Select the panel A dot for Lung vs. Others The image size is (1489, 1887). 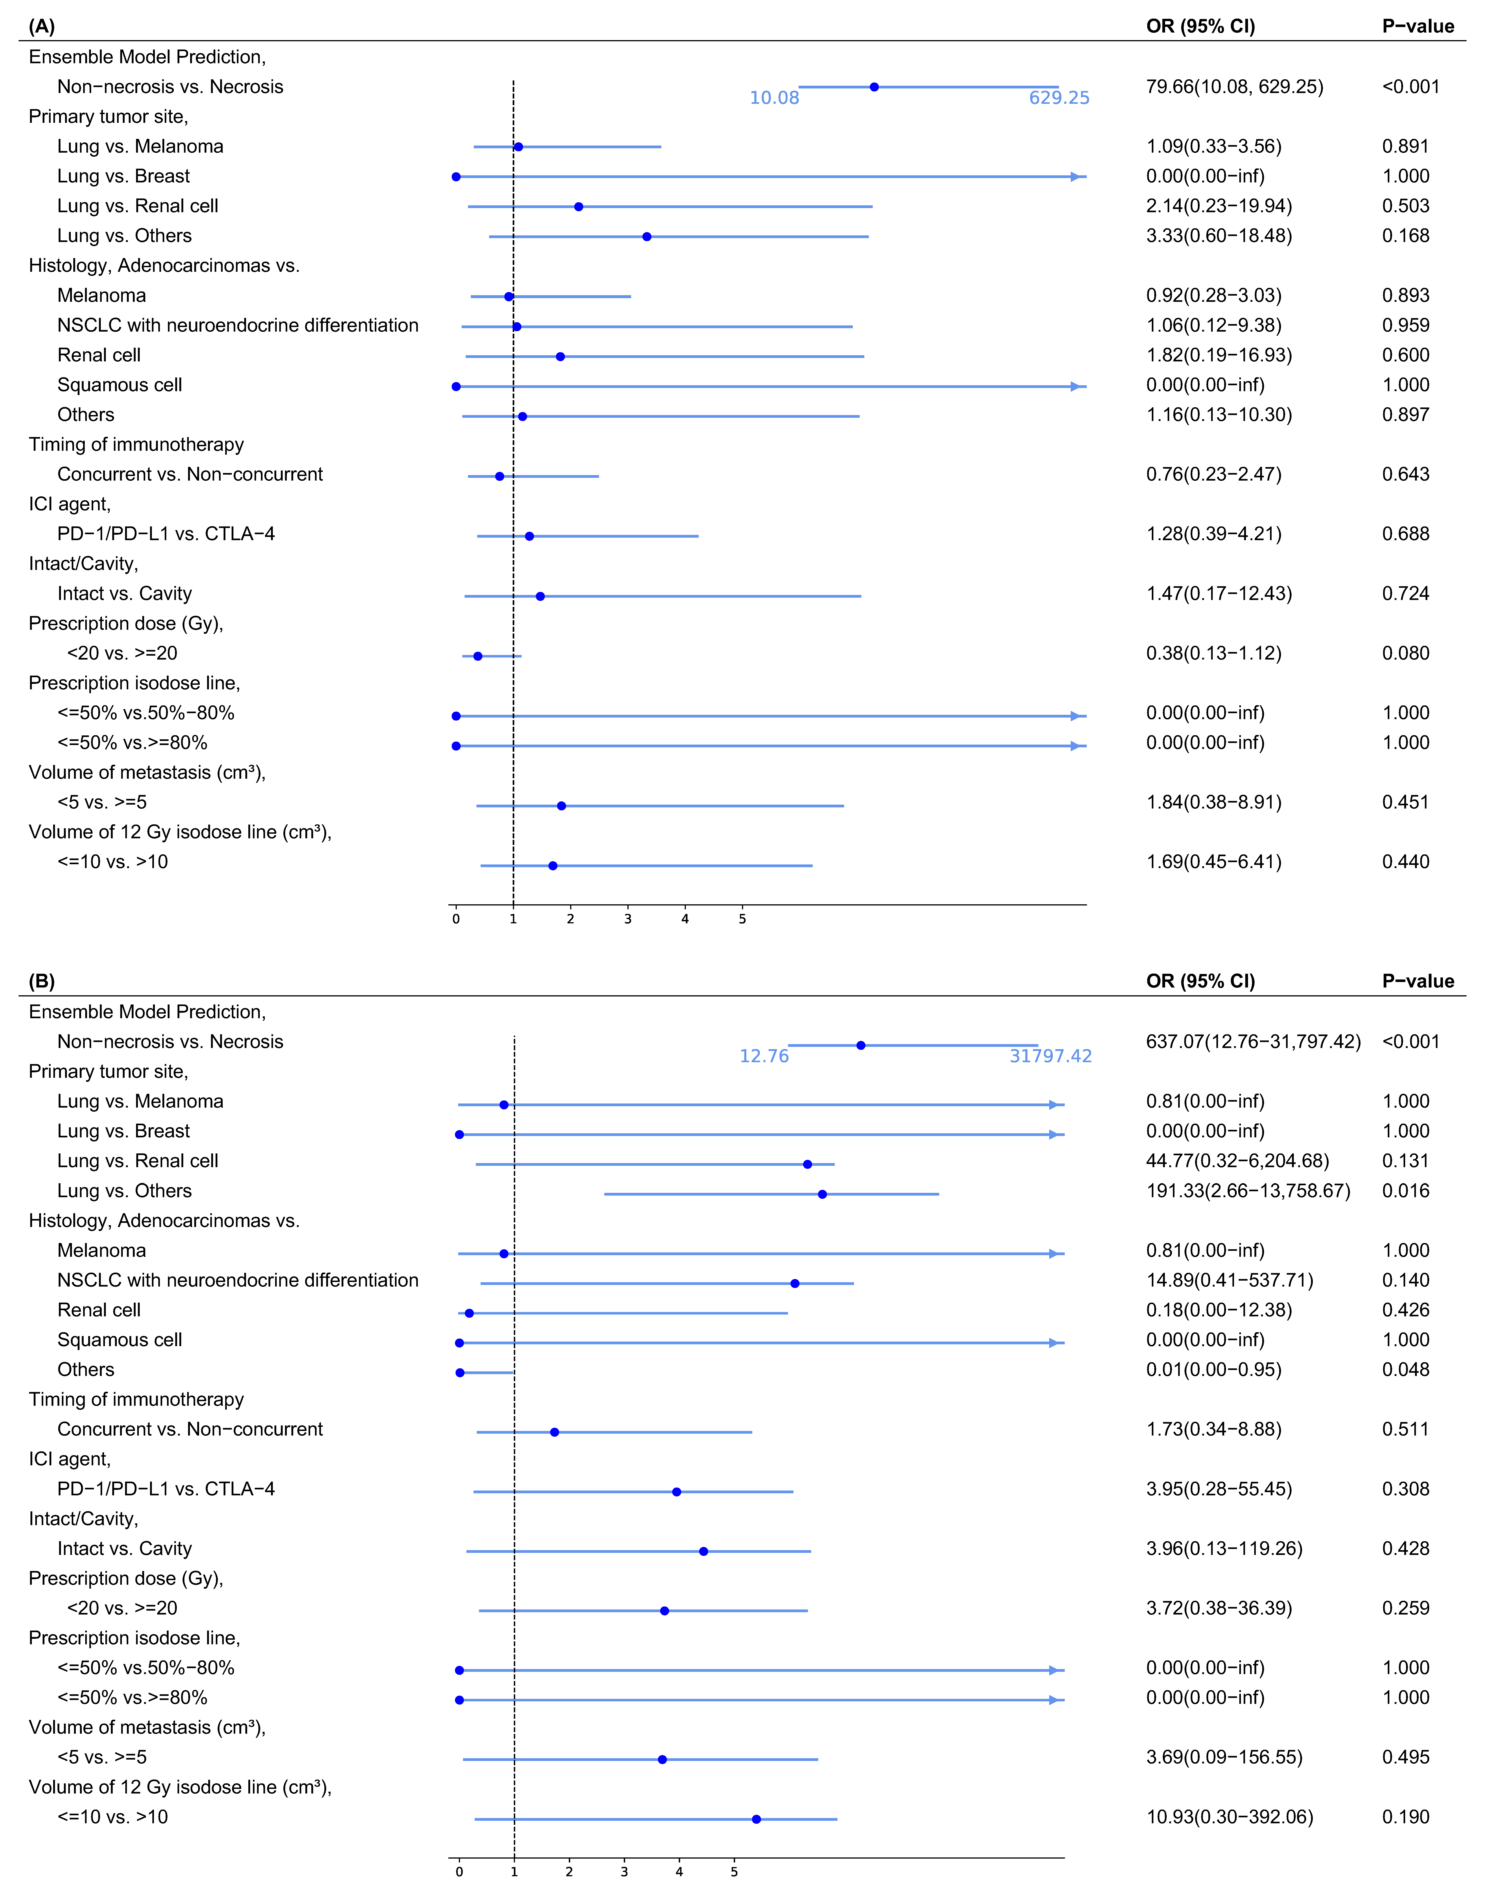tap(646, 236)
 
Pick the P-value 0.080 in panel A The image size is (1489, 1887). tap(1405, 653)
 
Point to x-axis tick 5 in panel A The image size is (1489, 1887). tap(742, 919)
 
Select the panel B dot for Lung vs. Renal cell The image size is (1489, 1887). tap(807, 1164)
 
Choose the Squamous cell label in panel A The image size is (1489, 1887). tap(119, 385)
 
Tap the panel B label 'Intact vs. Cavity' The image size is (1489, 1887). tap(125, 1549)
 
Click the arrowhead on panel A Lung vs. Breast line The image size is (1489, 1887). tap(1077, 177)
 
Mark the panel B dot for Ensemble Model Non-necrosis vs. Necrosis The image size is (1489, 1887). tap(860, 1045)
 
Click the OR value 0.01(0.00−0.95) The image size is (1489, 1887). tap(1213, 1369)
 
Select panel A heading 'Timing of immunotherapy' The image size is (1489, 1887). tap(136, 445)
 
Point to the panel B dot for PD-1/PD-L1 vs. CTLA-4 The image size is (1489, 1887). tap(676, 1492)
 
